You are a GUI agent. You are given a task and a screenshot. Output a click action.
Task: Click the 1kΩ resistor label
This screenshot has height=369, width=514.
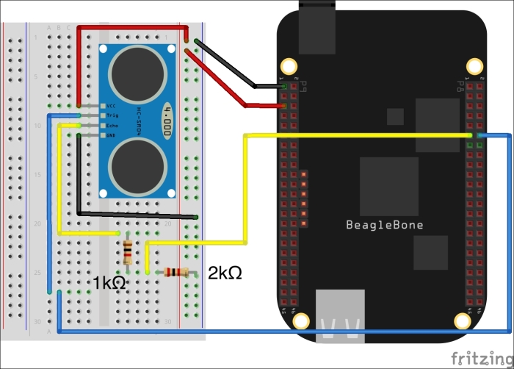click(x=111, y=282)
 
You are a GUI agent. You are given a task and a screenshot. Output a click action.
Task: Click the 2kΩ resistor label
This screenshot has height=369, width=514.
click(x=225, y=273)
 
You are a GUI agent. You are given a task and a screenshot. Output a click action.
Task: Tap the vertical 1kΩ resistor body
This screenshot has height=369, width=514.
click(x=128, y=251)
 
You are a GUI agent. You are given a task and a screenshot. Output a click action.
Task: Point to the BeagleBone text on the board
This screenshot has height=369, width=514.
click(x=385, y=225)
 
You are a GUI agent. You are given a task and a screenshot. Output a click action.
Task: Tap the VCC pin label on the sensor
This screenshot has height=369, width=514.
click(x=112, y=106)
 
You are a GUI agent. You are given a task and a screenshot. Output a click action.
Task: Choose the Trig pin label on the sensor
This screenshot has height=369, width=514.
click(x=112, y=115)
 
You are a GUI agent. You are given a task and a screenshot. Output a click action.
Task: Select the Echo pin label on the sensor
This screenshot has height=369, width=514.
click(x=112, y=126)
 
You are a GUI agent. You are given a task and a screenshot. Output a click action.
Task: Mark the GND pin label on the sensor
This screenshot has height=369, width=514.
click(x=112, y=135)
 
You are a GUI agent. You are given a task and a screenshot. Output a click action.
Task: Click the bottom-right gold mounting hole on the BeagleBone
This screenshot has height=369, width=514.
click(x=463, y=320)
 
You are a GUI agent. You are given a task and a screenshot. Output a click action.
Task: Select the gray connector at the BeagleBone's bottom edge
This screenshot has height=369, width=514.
click(x=339, y=315)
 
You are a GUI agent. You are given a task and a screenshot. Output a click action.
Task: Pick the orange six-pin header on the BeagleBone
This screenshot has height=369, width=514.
click(x=303, y=198)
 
